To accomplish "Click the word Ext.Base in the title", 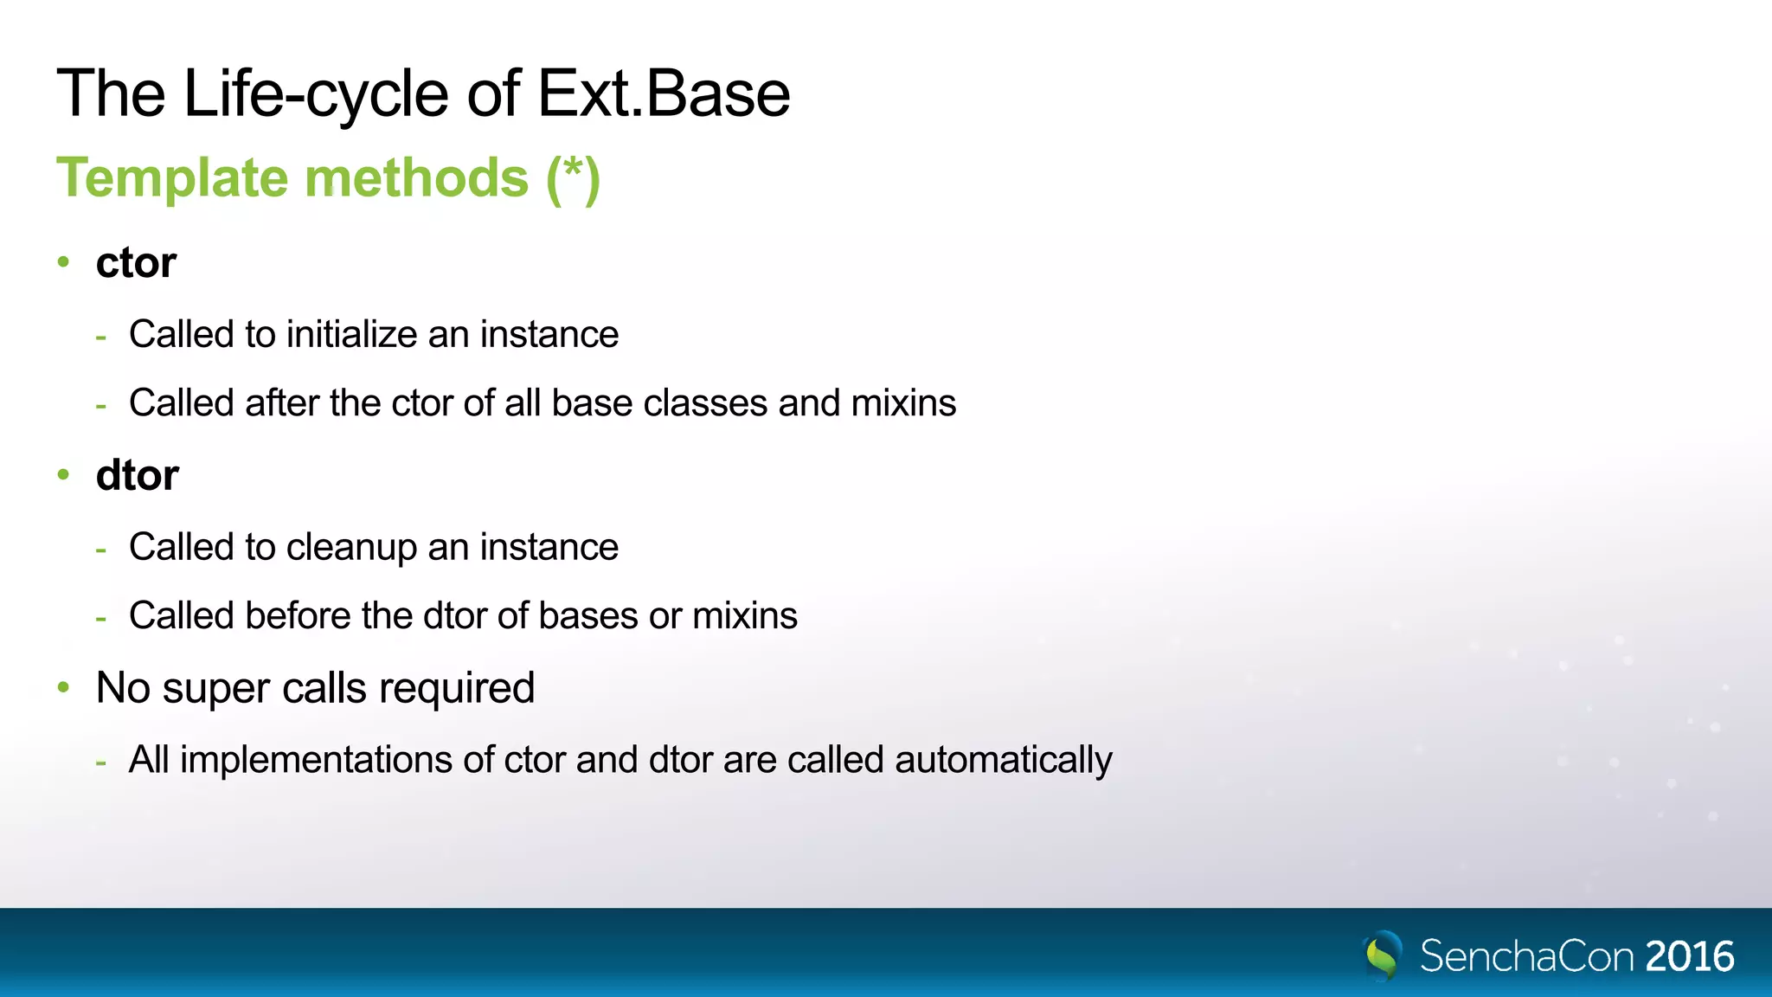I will (x=664, y=93).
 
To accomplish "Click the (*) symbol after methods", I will (x=573, y=178).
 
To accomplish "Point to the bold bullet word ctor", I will (x=136, y=262).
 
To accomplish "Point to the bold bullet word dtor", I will (x=137, y=475).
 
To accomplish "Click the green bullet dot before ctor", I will (x=63, y=261).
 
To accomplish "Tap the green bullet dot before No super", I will (x=63, y=687).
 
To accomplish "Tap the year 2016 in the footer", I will (x=1689, y=956).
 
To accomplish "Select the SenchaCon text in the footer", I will (x=1526, y=956).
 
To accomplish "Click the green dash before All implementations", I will (x=101, y=762).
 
